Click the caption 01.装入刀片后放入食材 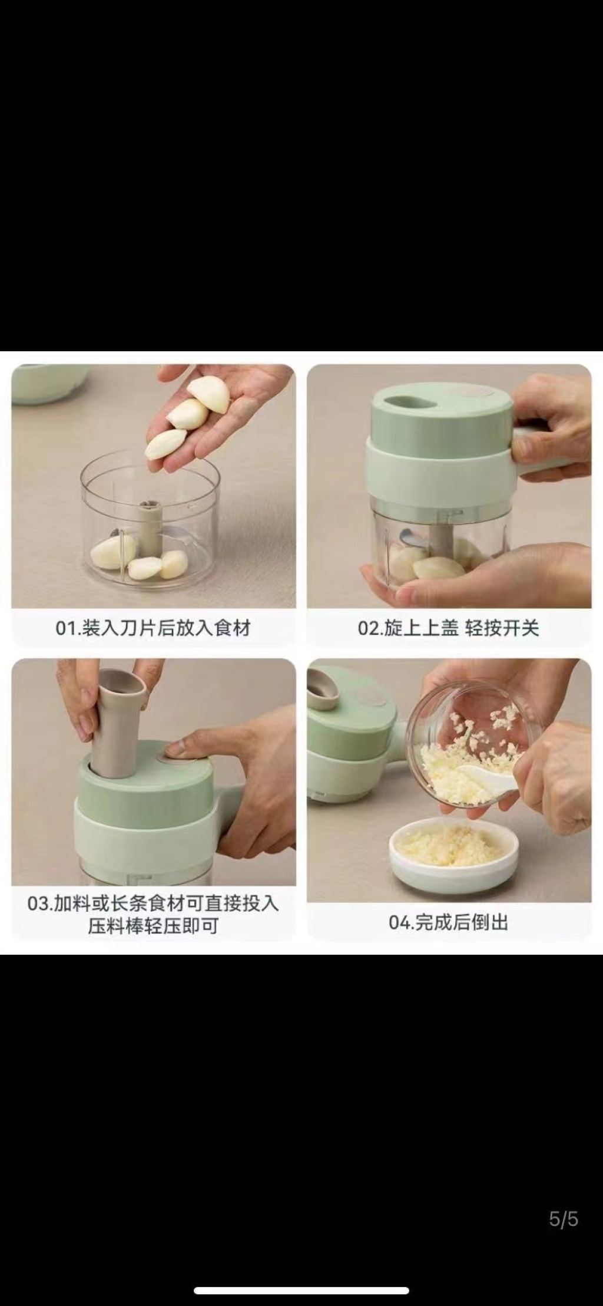pyautogui.click(x=153, y=628)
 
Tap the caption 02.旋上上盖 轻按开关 pyautogui.click(x=449, y=628)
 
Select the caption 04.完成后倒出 pyautogui.click(x=449, y=922)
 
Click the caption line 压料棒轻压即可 pyautogui.click(x=153, y=926)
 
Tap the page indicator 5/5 pyautogui.click(x=564, y=1219)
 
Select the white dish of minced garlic pyautogui.click(x=453, y=852)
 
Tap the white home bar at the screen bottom pyautogui.click(x=301, y=1290)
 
